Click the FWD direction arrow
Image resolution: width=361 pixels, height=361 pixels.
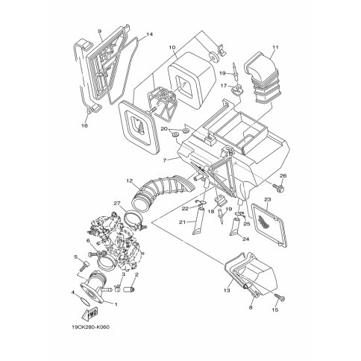click(90, 314)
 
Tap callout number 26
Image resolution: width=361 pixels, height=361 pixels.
click(283, 175)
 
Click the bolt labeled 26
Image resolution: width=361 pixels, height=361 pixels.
click(279, 188)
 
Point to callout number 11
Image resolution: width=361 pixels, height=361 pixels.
click(275, 47)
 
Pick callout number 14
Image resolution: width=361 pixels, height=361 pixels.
click(149, 34)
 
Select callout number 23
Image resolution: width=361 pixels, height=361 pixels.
click(268, 199)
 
